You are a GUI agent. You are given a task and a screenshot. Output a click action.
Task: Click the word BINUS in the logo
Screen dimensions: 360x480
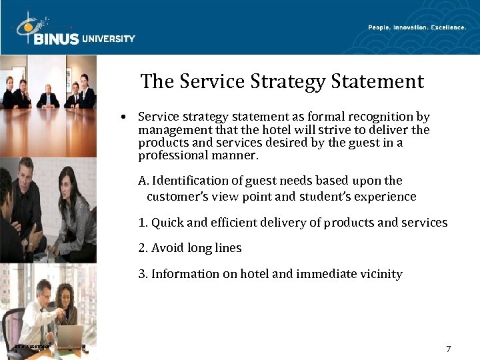pyautogui.click(x=56, y=39)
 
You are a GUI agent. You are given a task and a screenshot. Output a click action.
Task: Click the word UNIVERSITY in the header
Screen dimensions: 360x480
pyautogui.click(x=108, y=39)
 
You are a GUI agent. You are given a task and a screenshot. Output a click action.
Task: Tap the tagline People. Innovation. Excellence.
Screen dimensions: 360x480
pyautogui.click(x=417, y=27)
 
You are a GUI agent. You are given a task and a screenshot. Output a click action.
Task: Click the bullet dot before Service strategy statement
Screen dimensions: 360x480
pyautogui.click(x=125, y=117)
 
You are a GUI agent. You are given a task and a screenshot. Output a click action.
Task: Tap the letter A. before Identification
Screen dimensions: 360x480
pyautogui.click(x=143, y=181)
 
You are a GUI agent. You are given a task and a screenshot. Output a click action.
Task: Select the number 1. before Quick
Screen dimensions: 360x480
pyautogui.click(x=143, y=223)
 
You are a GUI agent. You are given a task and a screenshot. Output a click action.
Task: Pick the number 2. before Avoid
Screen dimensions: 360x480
pyautogui.click(x=143, y=248)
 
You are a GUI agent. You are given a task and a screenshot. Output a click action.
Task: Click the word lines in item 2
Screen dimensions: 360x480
pyautogui.click(x=228, y=248)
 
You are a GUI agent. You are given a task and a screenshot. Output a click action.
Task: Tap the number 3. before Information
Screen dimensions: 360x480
pyautogui.click(x=143, y=274)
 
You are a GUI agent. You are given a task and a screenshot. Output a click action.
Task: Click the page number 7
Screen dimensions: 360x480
pyautogui.click(x=449, y=349)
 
